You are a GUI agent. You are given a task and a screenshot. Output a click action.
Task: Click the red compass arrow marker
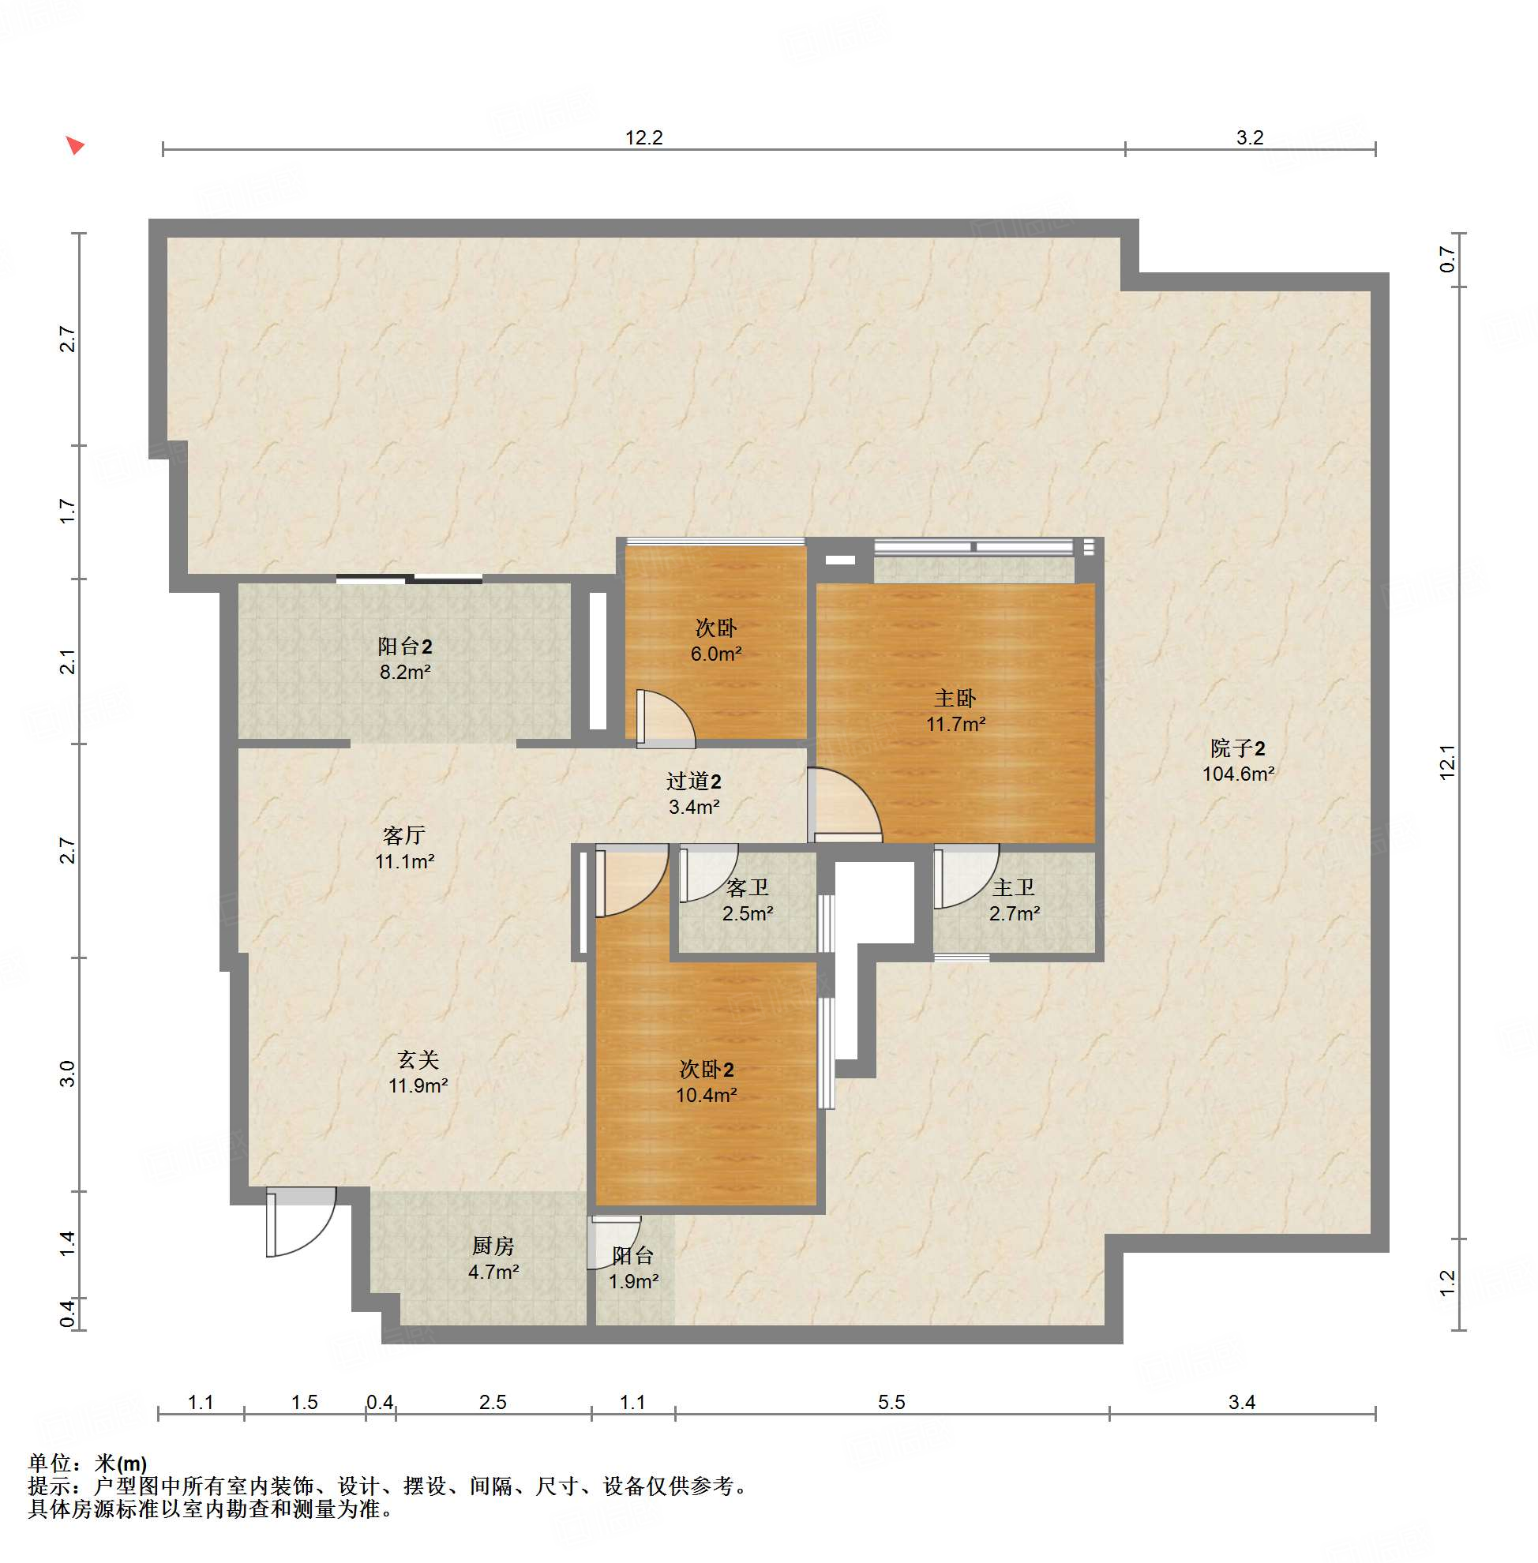(x=74, y=145)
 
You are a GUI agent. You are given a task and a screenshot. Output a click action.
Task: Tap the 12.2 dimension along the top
(x=643, y=137)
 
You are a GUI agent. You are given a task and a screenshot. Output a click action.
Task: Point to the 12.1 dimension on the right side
(x=1446, y=761)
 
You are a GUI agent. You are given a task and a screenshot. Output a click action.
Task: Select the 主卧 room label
(x=955, y=697)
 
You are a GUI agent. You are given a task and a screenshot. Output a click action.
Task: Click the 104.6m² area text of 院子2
(x=1237, y=773)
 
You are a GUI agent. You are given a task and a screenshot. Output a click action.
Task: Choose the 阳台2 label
(x=405, y=646)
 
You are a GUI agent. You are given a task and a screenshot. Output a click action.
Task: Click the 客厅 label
(x=404, y=834)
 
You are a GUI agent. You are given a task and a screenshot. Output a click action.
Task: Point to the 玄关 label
(x=418, y=1059)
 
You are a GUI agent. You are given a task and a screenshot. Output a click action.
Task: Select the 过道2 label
(x=693, y=780)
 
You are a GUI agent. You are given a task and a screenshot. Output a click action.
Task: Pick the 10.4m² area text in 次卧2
(x=706, y=1095)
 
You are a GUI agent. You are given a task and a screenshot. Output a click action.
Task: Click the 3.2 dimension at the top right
(x=1249, y=137)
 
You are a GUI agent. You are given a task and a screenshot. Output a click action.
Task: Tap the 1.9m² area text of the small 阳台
(x=633, y=1281)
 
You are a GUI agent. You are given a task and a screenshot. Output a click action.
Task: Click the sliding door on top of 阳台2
(x=409, y=579)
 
